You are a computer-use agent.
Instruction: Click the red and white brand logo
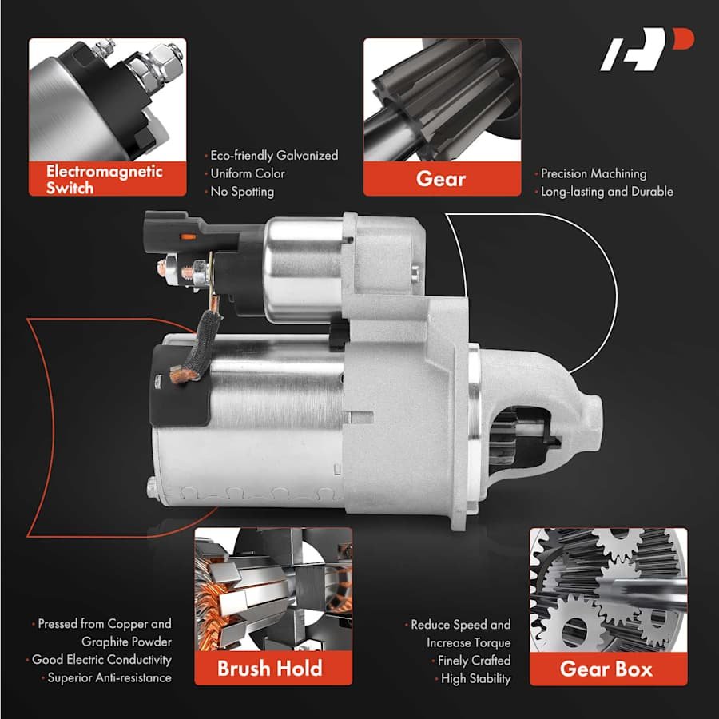pyautogui.click(x=646, y=49)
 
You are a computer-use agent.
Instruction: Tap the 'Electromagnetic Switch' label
pyautogui.click(x=104, y=179)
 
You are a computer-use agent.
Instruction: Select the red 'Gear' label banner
pyautogui.click(x=442, y=178)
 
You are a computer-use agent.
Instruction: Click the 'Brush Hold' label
pyautogui.click(x=270, y=668)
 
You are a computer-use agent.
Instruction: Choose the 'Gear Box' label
pyautogui.click(x=606, y=669)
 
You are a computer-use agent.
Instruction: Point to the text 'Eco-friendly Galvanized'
pyautogui.click(x=274, y=156)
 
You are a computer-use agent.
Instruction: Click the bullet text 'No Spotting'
pyautogui.click(x=242, y=192)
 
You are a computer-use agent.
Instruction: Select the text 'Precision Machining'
pyautogui.click(x=594, y=174)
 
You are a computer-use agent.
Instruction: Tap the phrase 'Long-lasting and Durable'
pyautogui.click(x=607, y=192)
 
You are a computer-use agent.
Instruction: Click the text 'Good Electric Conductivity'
pyautogui.click(x=101, y=660)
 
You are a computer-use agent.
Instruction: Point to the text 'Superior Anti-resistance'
pyautogui.click(x=109, y=677)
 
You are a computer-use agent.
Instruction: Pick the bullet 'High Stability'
pyautogui.click(x=475, y=678)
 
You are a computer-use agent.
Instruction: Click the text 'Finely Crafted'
pyautogui.click(x=474, y=661)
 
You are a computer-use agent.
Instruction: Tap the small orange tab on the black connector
pyautogui.click(x=188, y=237)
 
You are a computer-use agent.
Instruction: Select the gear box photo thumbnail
pyautogui.click(x=609, y=590)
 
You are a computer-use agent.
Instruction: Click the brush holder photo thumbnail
pyautogui.click(x=273, y=590)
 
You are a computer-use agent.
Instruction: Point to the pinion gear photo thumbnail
pyautogui.click(x=442, y=100)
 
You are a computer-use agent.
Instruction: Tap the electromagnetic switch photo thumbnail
pyautogui.click(x=107, y=100)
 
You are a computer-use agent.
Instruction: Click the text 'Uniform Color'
pyautogui.click(x=248, y=174)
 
